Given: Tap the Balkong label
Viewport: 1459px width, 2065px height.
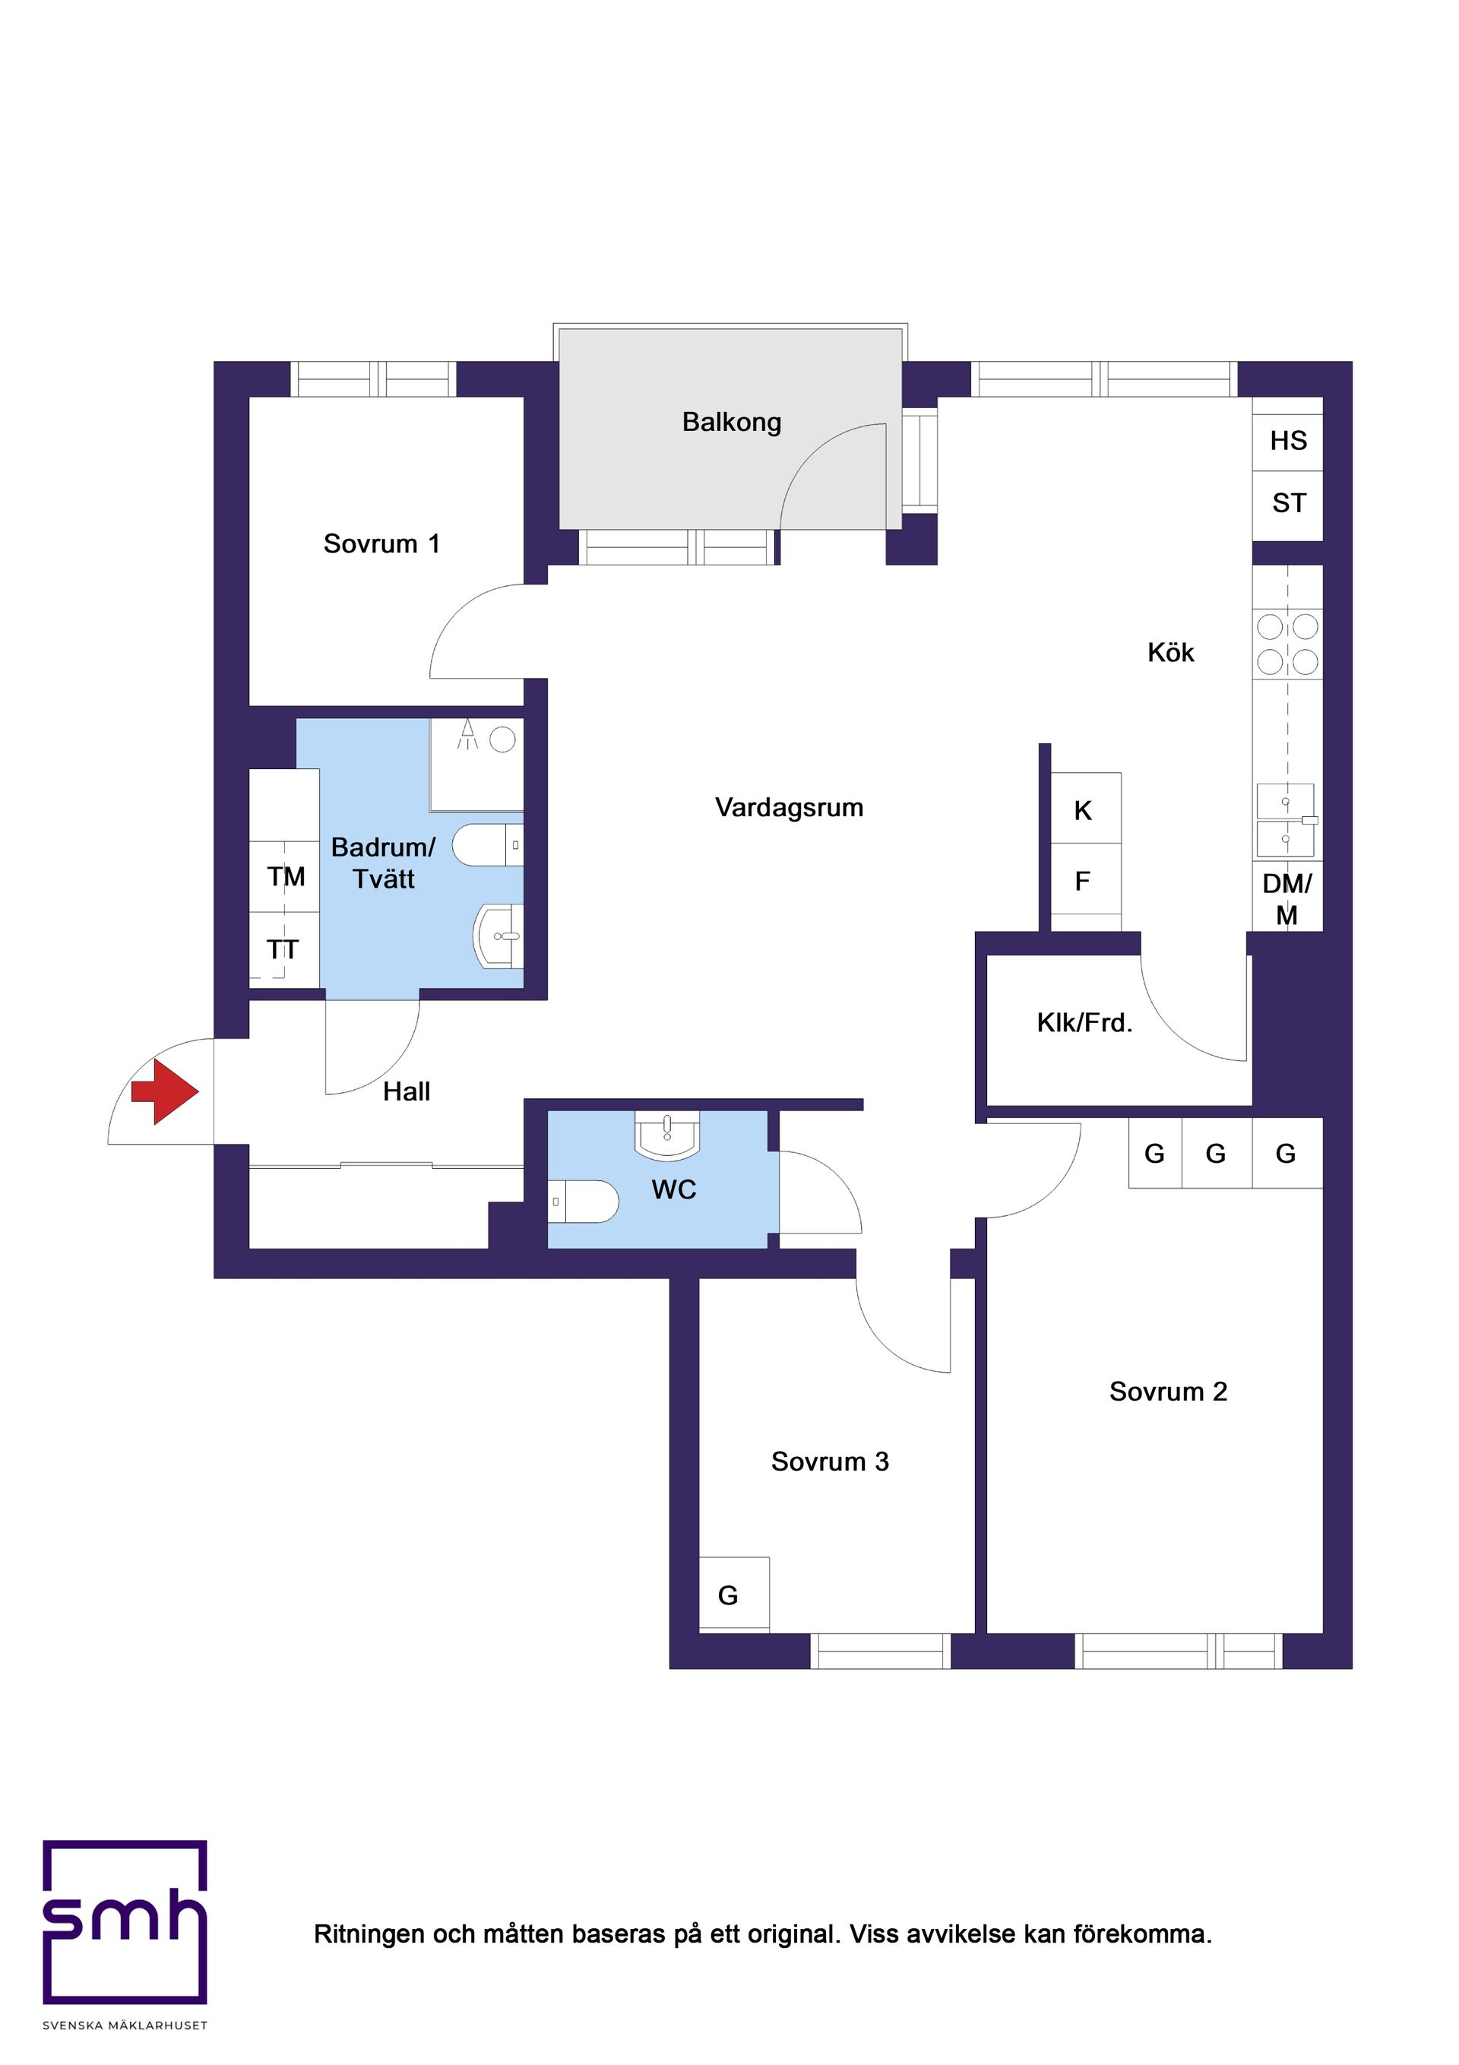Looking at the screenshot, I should coord(731,422).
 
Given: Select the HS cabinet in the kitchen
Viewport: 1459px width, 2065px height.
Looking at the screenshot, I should coord(1287,441).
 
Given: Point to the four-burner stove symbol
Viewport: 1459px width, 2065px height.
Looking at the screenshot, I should coord(1287,644).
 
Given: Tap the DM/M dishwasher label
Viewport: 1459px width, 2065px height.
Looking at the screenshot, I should coord(1287,898).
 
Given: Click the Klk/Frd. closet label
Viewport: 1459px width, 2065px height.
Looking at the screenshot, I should coord(1084,1022).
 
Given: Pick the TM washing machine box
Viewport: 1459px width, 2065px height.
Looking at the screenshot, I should coord(284,876).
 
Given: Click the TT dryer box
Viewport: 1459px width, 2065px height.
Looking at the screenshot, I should coord(284,949).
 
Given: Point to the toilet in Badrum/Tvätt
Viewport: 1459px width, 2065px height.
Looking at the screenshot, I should coord(486,844).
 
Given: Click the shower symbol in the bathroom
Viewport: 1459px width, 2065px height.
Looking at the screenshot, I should coord(476,765).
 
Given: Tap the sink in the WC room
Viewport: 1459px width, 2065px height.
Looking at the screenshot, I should coord(666,1135).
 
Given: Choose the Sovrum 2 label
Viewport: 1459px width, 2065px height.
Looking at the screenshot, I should coord(1167,1392).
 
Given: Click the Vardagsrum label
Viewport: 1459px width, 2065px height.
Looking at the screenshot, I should coord(789,808).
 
